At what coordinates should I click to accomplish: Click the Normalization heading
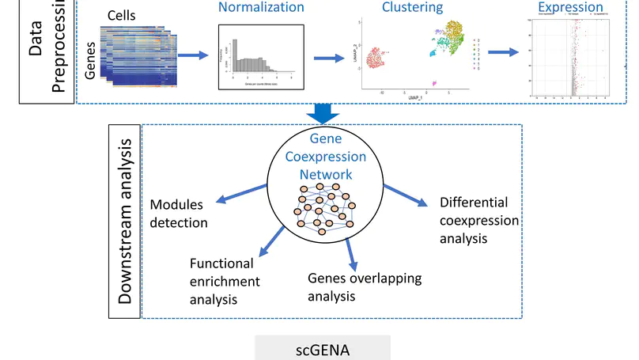261,7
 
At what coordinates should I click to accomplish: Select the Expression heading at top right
569,8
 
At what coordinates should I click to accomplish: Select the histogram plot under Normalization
261,59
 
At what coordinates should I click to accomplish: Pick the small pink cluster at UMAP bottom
433,83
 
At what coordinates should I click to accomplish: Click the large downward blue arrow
322,112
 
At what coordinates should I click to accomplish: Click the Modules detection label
179,214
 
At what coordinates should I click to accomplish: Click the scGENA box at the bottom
322,348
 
